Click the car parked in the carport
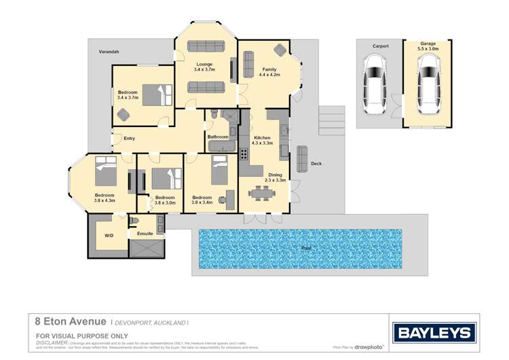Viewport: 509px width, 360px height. (x=375, y=82)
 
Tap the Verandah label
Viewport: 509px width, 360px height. (x=109, y=52)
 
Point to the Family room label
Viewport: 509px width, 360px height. (x=269, y=70)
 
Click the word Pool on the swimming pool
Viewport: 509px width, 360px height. (x=307, y=248)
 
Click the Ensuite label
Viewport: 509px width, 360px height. (x=145, y=234)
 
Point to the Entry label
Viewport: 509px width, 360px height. (x=129, y=139)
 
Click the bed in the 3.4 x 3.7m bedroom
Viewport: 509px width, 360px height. (x=158, y=93)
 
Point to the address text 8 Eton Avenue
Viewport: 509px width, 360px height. (x=71, y=321)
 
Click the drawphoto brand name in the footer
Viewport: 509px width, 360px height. (x=370, y=347)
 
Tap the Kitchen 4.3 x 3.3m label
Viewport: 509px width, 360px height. (x=262, y=140)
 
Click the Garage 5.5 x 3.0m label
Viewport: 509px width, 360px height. (x=428, y=46)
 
